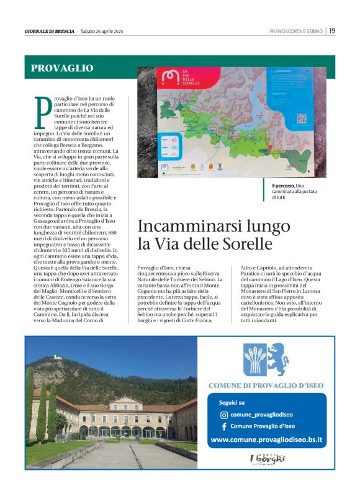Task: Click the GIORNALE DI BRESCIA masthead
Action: [50, 31]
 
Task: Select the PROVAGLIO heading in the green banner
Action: [62, 68]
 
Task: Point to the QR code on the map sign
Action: [302, 117]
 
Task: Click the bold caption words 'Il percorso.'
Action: [282, 186]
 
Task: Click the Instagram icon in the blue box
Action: [224, 415]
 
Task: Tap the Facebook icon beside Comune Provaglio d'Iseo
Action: [224, 426]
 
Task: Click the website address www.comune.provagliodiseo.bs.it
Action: [266, 440]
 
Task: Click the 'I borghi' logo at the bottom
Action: [268, 459]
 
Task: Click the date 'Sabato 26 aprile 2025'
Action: [102, 31]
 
